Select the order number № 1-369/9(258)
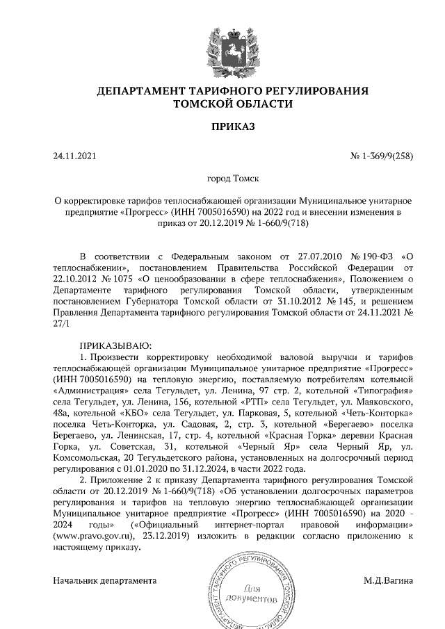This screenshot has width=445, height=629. click(x=382, y=156)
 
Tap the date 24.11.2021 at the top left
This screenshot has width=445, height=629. click(x=73, y=156)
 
